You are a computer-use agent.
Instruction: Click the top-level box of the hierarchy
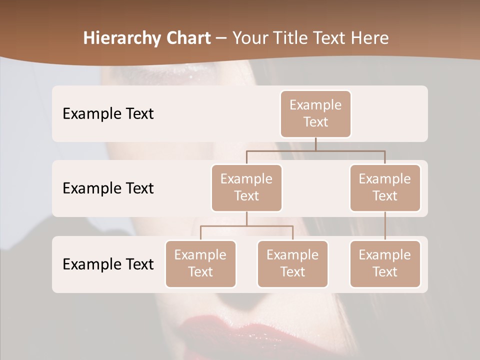click(315, 113)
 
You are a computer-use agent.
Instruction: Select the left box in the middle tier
click(246, 187)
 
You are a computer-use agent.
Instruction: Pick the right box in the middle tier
click(385, 187)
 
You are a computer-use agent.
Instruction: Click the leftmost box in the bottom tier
click(200, 263)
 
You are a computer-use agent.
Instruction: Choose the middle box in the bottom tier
click(292, 263)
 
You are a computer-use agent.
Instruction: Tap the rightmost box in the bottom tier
click(385, 263)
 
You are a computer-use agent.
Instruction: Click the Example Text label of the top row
click(108, 113)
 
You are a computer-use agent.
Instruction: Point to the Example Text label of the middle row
click(108, 188)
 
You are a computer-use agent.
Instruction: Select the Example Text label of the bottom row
click(108, 264)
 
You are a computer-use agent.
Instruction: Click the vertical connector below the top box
click(315, 144)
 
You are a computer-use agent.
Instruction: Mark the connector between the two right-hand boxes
click(385, 226)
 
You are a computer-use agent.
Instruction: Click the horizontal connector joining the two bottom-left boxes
click(246, 226)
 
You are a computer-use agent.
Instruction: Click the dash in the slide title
click(221, 38)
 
